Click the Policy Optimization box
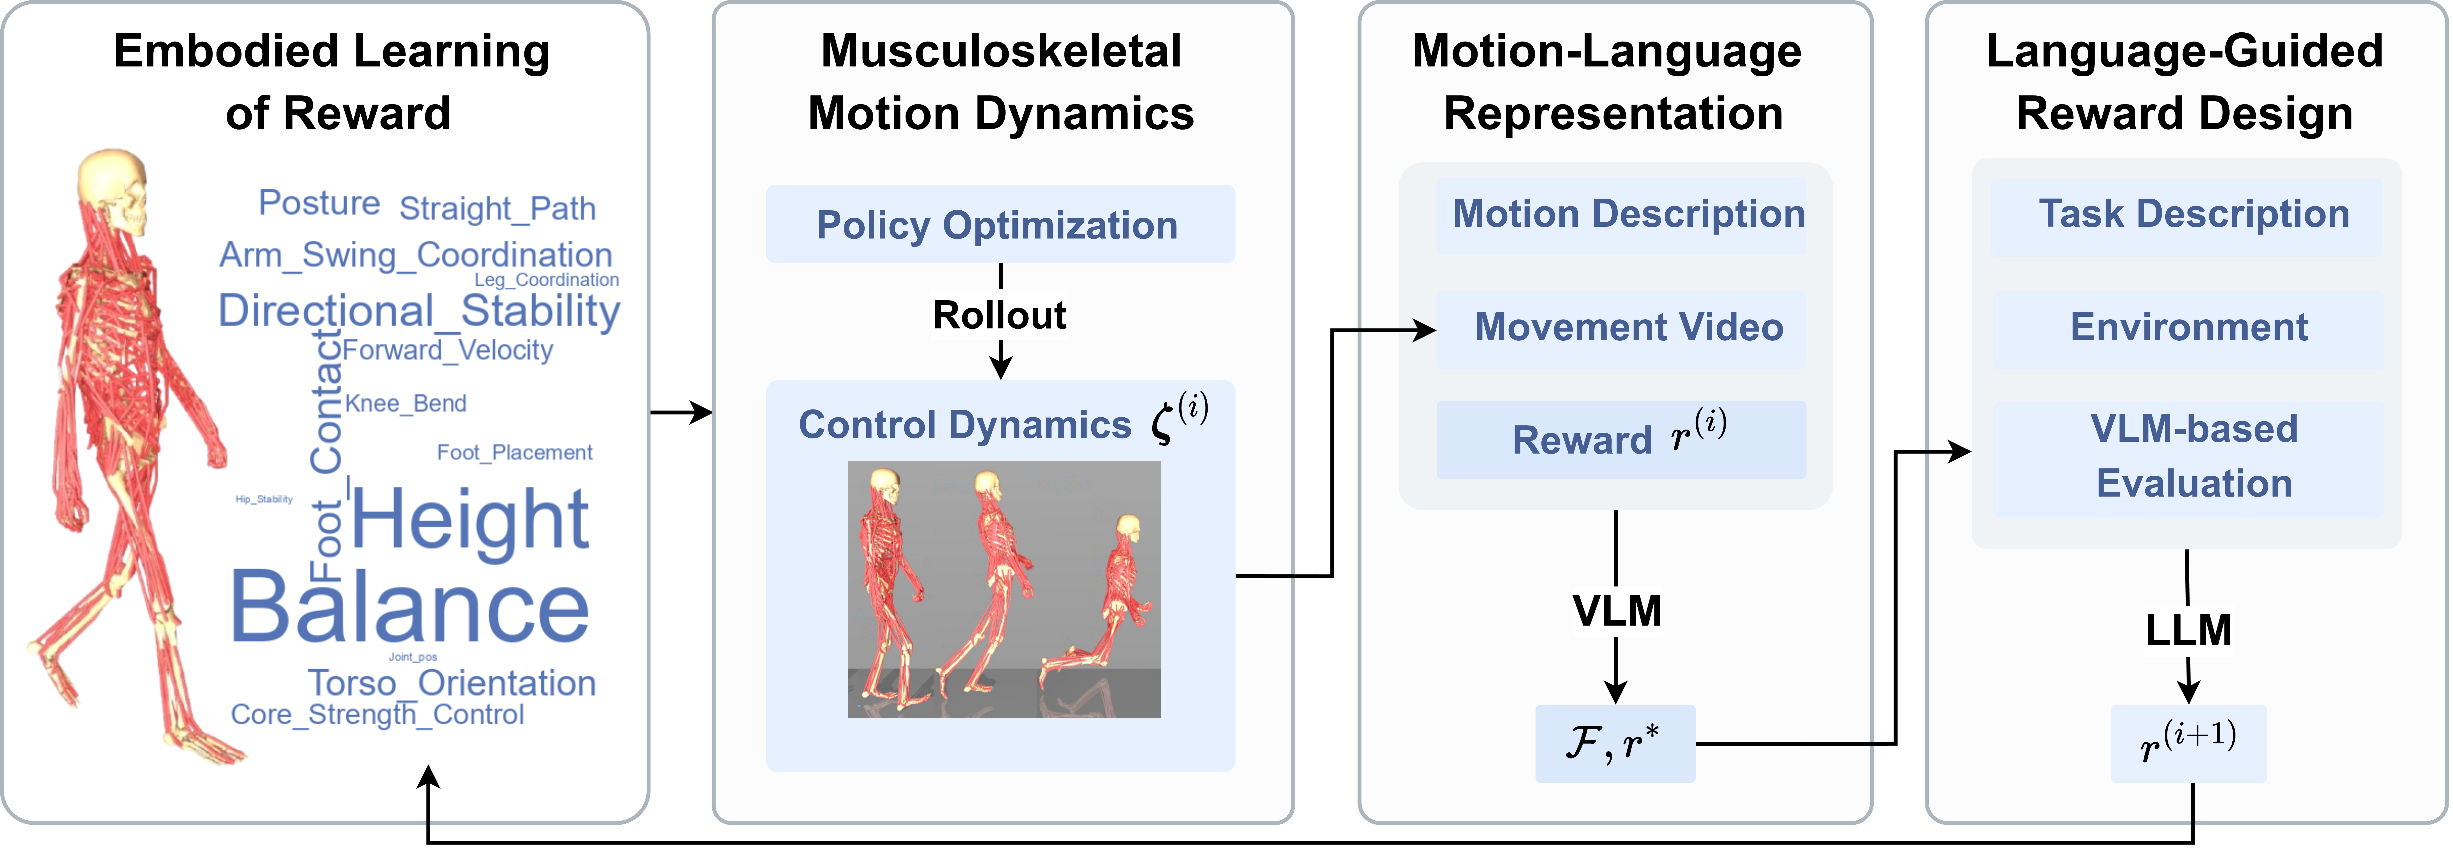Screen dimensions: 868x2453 pyautogui.click(x=1000, y=225)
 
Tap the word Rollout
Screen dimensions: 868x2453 pyautogui.click(x=1000, y=315)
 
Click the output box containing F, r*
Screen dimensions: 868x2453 pyautogui.click(x=1615, y=743)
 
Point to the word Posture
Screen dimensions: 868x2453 pyautogui.click(x=319, y=203)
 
